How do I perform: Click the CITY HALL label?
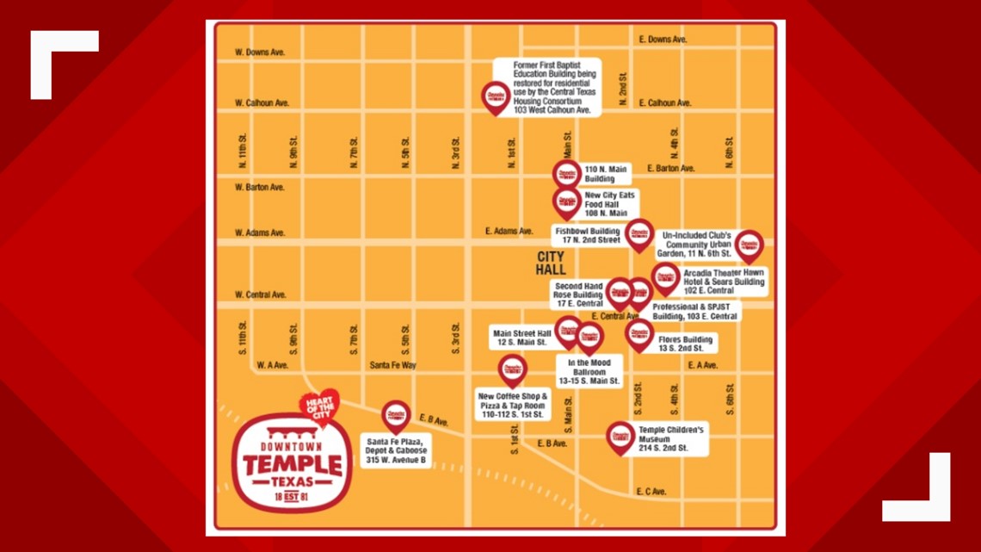point(551,264)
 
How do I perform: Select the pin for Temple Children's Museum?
point(620,437)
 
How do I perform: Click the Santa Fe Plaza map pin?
point(396,416)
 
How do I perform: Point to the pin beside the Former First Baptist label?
point(496,96)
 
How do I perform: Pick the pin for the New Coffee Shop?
point(512,369)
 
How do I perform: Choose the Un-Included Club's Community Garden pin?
point(749,245)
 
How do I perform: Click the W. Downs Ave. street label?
point(260,53)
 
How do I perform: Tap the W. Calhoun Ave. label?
point(262,102)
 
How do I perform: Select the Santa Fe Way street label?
point(393,365)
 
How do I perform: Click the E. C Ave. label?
point(651,492)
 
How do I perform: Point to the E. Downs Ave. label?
point(663,40)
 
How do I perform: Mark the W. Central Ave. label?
point(261,295)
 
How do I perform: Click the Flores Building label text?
point(686,344)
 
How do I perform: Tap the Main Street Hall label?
point(521,338)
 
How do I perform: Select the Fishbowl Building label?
point(587,235)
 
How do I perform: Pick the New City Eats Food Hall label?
point(609,204)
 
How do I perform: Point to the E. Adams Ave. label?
point(509,231)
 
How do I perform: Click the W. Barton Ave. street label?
point(260,187)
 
